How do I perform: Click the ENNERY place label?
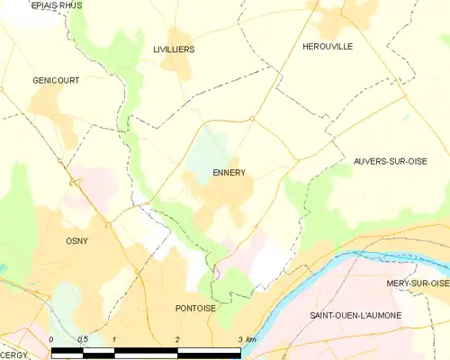pyautogui.click(x=229, y=172)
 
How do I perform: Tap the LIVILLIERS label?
pyautogui.click(x=174, y=49)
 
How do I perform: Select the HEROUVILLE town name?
pyautogui.click(x=328, y=46)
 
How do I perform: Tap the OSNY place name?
pyautogui.click(x=76, y=240)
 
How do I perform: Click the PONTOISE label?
pyautogui.click(x=195, y=308)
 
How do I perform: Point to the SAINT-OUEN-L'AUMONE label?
pyautogui.click(x=355, y=316)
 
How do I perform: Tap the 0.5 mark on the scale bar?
pyautogui.click(x=83, y=339)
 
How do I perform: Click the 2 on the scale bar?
pyautogui.click(x=178, y=339)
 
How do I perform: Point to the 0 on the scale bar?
pyautogui.click(x=52, y=339)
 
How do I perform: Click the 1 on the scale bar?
pyautogui.click(x=115, y=339)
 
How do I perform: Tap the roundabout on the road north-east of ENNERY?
pyautogui.click(x=253, y=118)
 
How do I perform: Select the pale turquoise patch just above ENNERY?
pyautogui.click(x=212, y=148)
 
